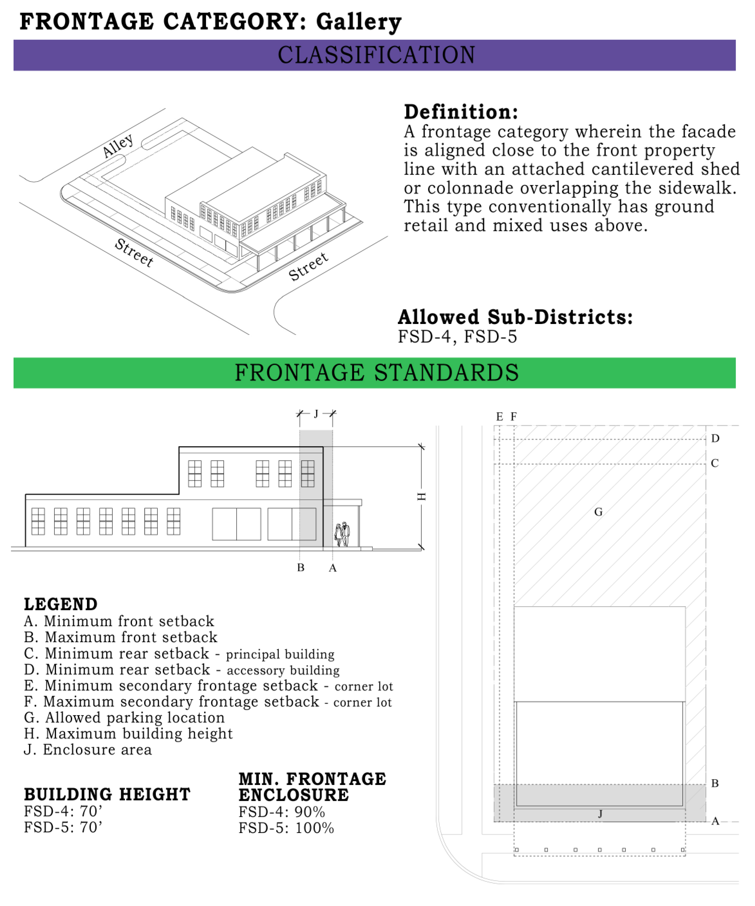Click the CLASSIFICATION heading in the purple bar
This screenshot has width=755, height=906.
point(376,55)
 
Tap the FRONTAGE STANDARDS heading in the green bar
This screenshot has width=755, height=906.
point(376,373)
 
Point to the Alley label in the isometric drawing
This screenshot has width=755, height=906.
point(118,145)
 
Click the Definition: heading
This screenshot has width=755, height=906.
point(461,112)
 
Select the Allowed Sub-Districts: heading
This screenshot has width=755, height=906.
point(515,317)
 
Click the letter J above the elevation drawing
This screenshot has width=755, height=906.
point(316,414)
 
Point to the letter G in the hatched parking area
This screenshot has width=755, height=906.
point(598,512)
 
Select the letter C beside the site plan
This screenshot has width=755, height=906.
point(715,463)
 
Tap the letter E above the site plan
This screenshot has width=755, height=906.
point(499,417)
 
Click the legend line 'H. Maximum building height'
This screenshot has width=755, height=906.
point(128,734)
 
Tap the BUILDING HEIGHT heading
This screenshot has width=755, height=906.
point(107,794)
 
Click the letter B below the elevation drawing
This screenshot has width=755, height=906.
point(301,568)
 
